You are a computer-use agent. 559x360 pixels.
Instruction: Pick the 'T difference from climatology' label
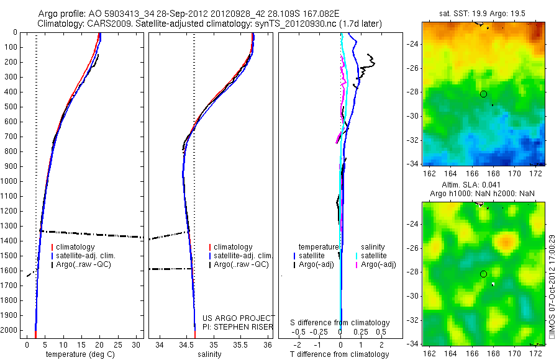(x=339, y=354)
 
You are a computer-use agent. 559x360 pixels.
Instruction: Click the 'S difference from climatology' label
(x=340, y=323)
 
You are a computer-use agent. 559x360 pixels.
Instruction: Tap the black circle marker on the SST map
(x=483, y=94)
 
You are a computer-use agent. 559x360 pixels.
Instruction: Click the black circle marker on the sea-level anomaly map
(x=483, y=274)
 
